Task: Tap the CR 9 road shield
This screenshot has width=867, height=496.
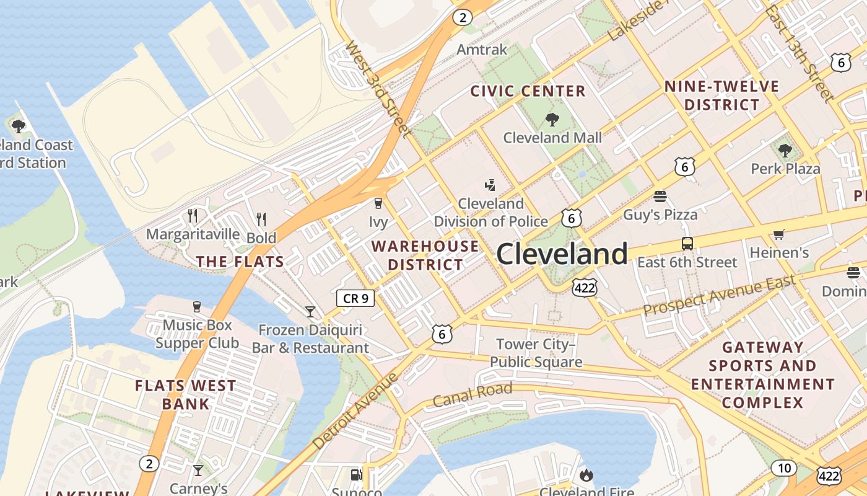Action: [355, 298]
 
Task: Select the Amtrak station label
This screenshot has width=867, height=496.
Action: [482, 50]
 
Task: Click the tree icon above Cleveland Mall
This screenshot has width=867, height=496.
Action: [552, 119]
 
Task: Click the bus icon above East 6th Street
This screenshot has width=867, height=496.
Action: [687, 243]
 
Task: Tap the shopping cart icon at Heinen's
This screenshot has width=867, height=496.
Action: [778, 234]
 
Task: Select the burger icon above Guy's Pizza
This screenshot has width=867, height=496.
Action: [660, 197]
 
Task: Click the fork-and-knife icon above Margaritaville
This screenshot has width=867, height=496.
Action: [193, 216]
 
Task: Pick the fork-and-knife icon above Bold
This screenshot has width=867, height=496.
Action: [261, 219]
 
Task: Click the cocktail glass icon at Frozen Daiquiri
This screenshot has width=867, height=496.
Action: [310, 311]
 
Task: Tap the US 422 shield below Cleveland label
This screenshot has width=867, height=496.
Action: [584, 287]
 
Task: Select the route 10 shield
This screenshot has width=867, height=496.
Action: [784, 467]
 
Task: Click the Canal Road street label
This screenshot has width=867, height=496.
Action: [473, 394]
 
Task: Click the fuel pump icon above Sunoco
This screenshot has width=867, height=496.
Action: [356, 475]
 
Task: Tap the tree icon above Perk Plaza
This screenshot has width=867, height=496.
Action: [785, 150]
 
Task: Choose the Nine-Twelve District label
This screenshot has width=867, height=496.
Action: [721, 95]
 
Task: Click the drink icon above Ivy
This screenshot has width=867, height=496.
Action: [378, 203]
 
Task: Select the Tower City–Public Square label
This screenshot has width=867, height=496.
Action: [536, 353]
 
